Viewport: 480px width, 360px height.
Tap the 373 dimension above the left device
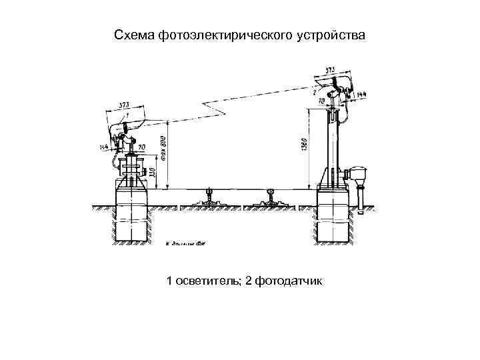tap(125, 105)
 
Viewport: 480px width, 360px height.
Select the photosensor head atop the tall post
tap(333, 84)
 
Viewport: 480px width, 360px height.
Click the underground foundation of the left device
tap(132, 217)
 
